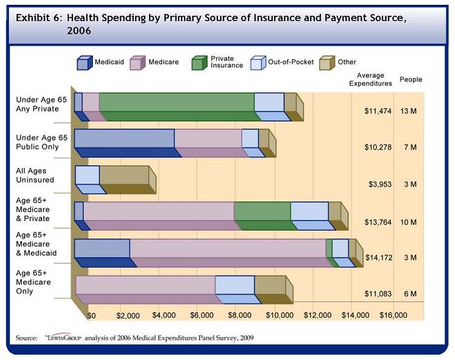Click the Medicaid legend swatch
[x=84, y=62]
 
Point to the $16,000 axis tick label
[x=393, y=315]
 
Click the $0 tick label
[x=92, y=315]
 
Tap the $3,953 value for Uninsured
[x=380, y=184]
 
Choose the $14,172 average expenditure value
[x=379, y=257]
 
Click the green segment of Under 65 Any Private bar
[x=176, y=103]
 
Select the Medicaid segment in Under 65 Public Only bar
[x=124, y=139]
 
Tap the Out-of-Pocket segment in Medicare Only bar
[x=235, y=284]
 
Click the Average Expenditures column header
[x=371, y=79]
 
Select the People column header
[x=410, y=79]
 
